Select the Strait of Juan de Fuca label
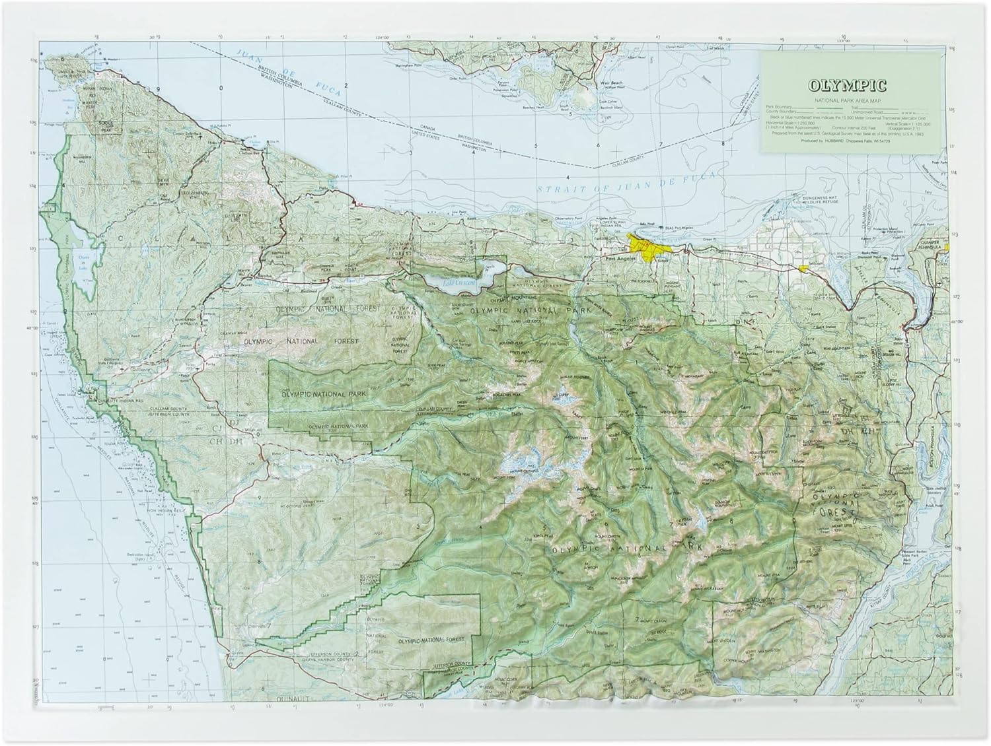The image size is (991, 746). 614,189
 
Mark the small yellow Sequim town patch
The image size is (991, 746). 802,269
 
